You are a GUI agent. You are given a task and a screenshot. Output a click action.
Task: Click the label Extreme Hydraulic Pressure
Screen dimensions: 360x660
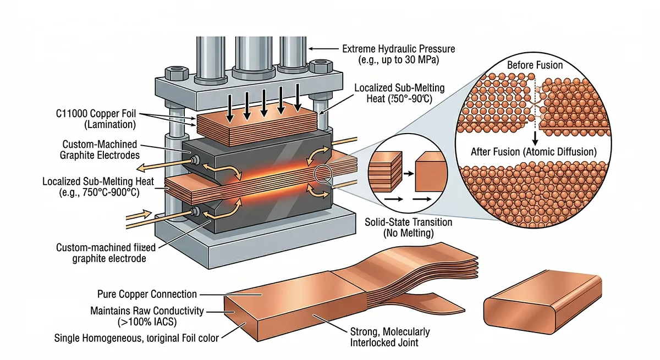click(399, 49)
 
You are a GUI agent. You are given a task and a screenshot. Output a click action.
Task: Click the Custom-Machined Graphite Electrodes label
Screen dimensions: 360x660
click(99, 149)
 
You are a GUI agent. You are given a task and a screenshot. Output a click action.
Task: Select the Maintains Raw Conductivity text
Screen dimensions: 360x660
click(146, 311)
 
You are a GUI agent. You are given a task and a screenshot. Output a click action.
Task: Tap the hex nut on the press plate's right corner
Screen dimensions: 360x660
click(318, 68)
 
